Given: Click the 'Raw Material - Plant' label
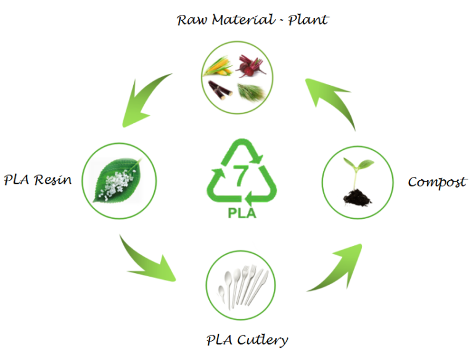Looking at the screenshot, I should (x=252, y=20).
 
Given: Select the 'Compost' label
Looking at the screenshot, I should (x=437, y=182).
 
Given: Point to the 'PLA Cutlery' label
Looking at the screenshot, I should (x=247, y=339).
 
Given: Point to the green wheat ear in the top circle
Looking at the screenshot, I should (x=252, y=91).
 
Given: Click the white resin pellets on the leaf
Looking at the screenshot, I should (x=115, y=180).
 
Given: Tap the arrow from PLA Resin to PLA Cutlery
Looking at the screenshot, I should (x=149, y=260).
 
